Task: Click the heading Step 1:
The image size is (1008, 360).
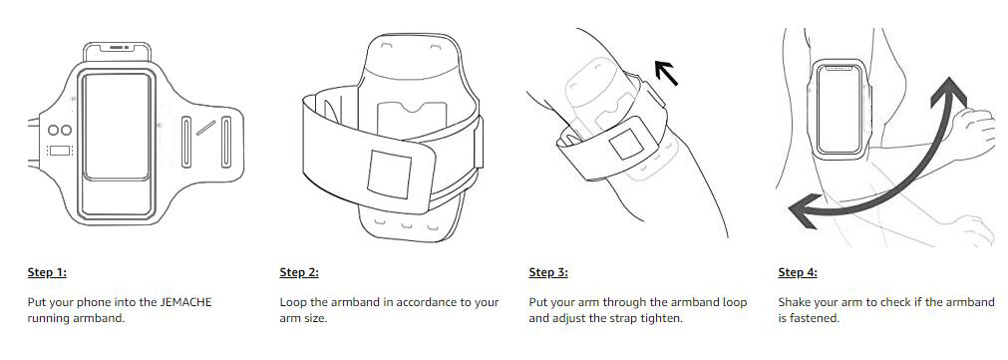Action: point(47,272)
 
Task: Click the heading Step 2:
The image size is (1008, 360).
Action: point(299,272)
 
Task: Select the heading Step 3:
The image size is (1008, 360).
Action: point(548,272)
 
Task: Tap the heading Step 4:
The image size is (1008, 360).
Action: point(798,272)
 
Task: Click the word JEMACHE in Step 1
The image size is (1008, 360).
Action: point(185,301)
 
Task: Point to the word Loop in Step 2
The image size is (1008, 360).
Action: point(292,301)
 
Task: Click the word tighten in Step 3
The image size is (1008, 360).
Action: point(661,319)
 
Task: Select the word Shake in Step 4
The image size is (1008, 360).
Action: point(794,301)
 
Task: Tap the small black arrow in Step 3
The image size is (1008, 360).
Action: point(666,73)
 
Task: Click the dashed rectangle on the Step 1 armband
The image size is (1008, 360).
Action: point(59,151)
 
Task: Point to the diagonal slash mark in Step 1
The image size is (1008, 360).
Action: point(206,128)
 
